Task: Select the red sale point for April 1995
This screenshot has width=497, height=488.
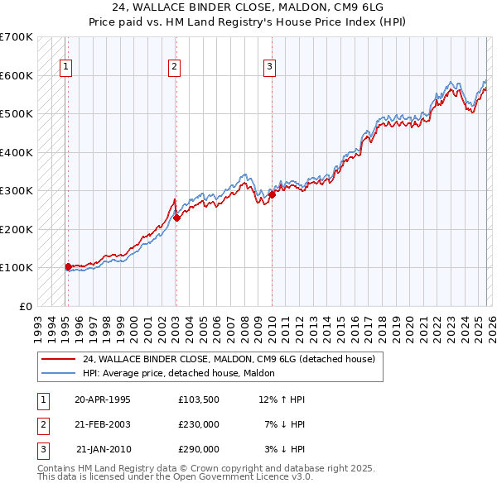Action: click(68, 266)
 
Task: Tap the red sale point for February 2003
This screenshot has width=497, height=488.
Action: click(176, 218)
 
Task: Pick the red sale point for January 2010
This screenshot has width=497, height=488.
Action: click(272, 195)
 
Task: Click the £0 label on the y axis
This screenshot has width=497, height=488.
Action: click(25, 306)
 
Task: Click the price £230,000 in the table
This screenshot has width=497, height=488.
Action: click(198, 424)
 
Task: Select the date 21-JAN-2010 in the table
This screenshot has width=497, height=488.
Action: click(103, 449)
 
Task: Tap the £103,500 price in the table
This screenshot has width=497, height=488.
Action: click(198, 399)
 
